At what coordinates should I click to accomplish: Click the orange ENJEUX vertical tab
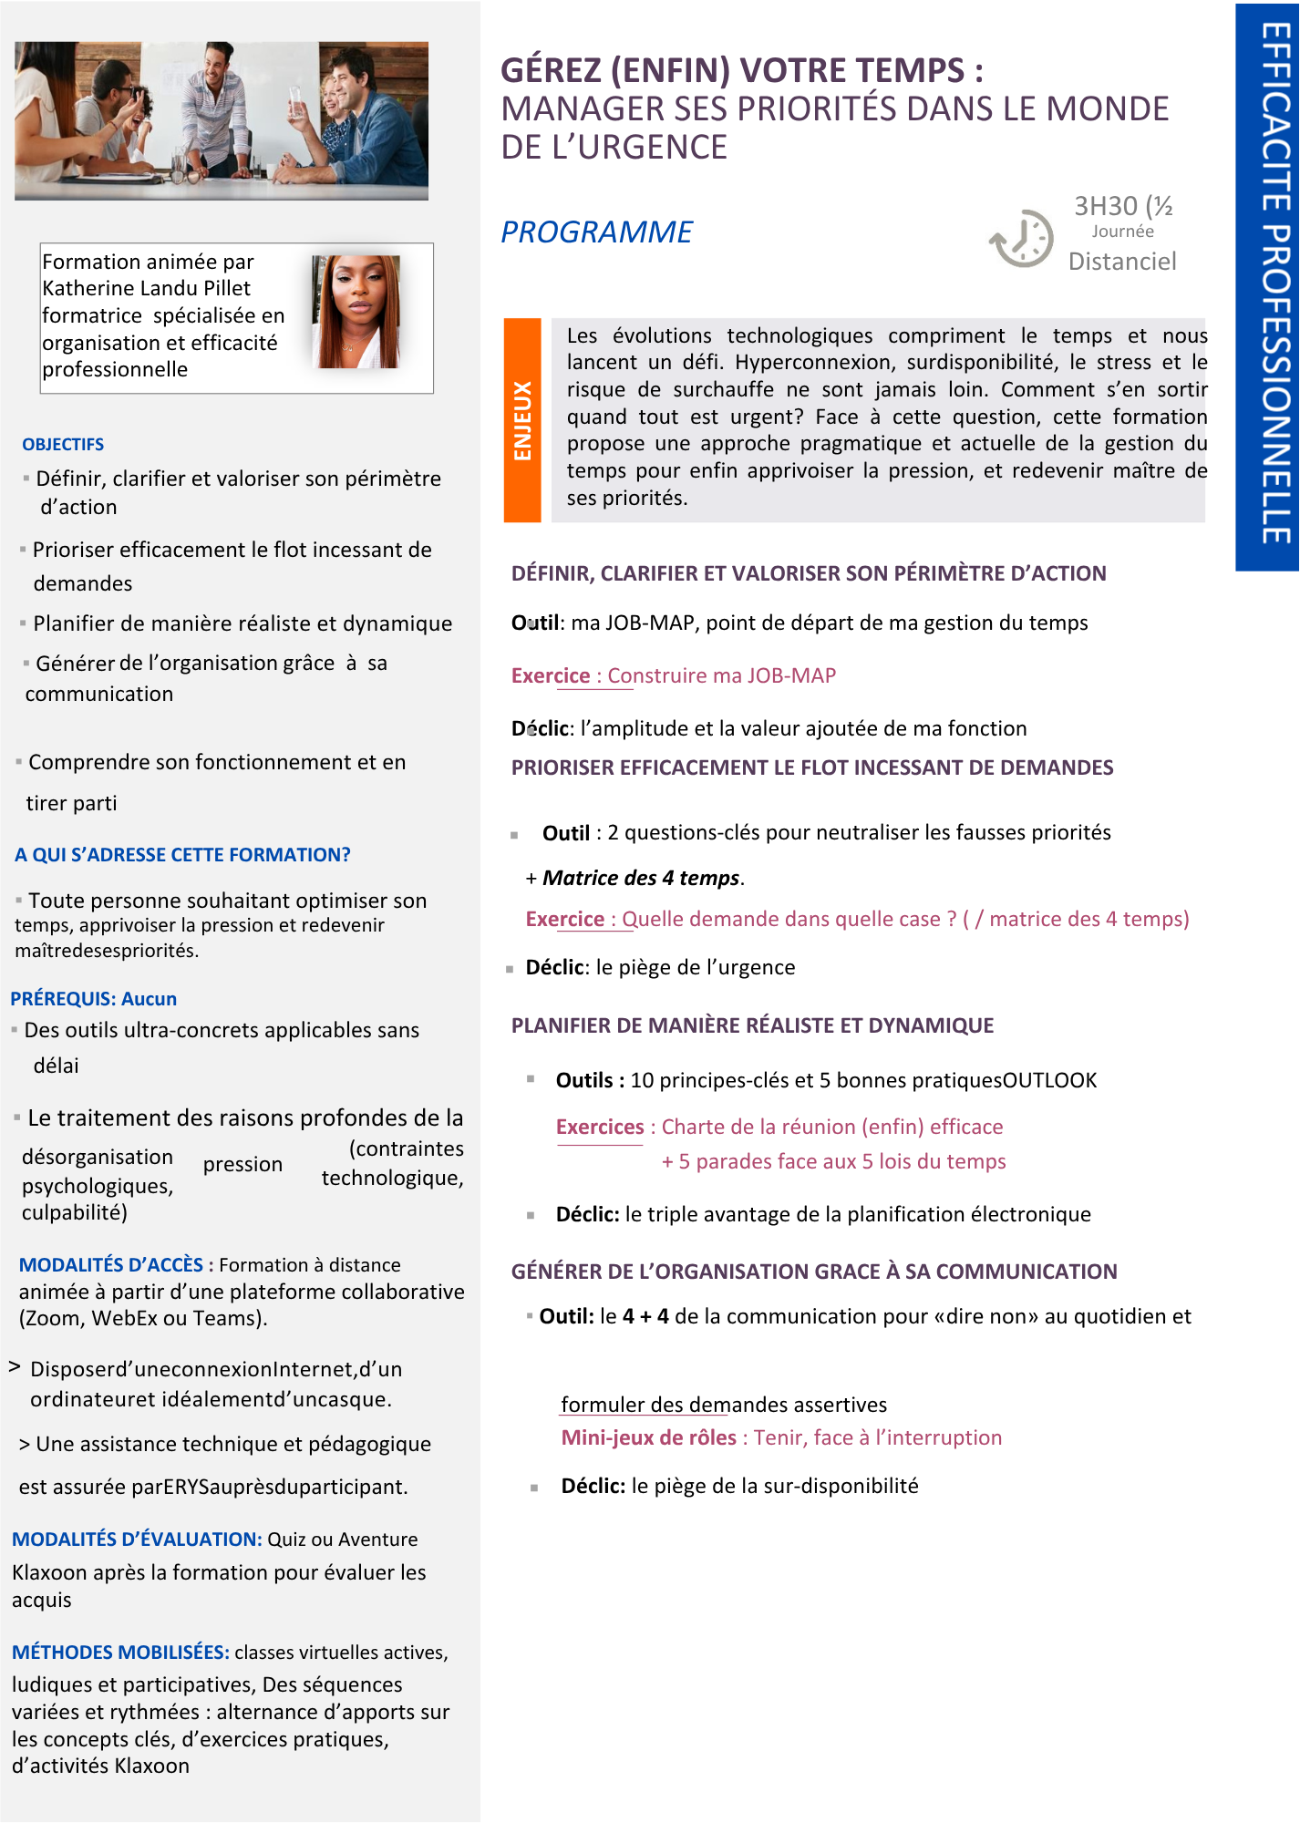[x=522, y=420]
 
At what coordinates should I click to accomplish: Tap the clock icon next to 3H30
[x=1022, y=239]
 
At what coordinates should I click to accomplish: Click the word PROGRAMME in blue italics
[x=596, y=232]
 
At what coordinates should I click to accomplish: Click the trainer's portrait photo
[x=356, y=311]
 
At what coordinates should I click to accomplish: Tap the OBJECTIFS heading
[x=63, y=444]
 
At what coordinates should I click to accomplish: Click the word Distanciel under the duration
[x=1121, y=262]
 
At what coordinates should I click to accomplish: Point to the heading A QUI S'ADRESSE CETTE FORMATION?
[x=182, y=855]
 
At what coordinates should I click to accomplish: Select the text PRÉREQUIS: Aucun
[x=94, y=998]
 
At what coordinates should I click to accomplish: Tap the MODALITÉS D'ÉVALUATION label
[x=137, y=1539]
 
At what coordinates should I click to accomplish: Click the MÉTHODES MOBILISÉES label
[x=120, y=1652]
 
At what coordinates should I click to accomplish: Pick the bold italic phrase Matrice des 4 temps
[x=641, y=878]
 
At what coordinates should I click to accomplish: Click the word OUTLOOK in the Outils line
[x=1049, y=1080]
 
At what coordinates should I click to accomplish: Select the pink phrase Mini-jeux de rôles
[x=648, y=1437]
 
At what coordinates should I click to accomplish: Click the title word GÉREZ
[x=551, y=70]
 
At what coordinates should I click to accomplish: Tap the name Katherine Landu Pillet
[x=146, y=288]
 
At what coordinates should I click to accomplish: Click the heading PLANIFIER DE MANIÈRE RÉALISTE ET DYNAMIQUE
[x=752, y=1025]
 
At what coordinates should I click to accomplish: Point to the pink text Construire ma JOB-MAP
[x=721, y=675]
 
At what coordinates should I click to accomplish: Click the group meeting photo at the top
[x=222, y=120]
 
